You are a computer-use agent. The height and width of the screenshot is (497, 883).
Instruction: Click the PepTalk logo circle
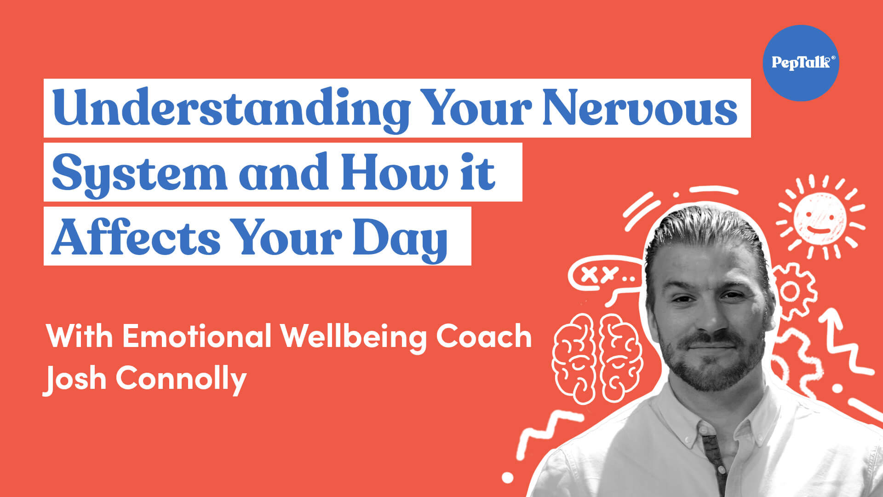[801, 63]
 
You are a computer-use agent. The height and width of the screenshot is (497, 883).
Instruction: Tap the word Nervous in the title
[640, 108]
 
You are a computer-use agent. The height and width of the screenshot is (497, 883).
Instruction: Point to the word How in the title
[395, 172]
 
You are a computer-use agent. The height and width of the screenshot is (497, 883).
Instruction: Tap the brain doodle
[597, 357]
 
